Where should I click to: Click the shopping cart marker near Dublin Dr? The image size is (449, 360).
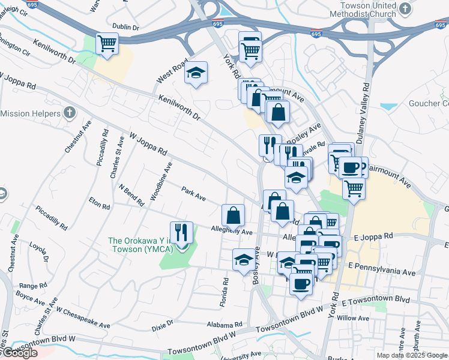(x=107, y=44)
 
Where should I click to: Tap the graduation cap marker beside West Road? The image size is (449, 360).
(x=196, y=73)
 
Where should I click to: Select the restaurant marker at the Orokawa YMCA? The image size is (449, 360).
(x=181, y=232)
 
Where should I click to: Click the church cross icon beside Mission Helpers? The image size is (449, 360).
(x=70, y=113)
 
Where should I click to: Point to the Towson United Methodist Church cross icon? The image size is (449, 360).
(x=406, y=8)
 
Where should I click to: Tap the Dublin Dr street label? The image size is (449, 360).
(x=125, y=28)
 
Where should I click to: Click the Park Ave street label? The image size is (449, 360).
(x=194, y=193)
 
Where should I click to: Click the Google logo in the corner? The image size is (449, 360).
(x=19, y=353)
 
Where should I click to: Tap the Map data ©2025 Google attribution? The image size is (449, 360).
(x=411, y=355)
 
